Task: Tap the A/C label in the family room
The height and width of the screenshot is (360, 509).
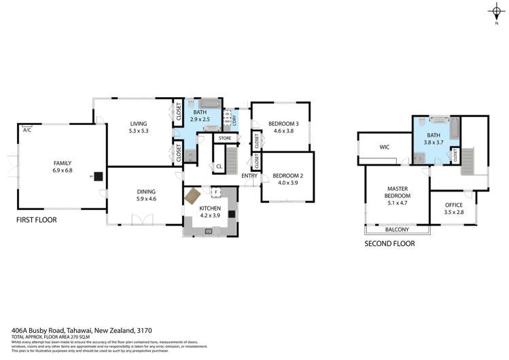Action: click(27, 129)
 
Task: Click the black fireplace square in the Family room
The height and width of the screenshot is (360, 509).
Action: click(99, 176)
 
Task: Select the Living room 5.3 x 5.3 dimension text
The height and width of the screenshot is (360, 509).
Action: click(139, 130)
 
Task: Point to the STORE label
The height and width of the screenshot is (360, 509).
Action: click(225, 139)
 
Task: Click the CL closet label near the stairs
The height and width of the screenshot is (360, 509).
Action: click(219, 166)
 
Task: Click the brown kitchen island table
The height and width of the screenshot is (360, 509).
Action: click(192, 196)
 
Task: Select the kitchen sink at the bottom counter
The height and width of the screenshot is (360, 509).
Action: click(208, 230)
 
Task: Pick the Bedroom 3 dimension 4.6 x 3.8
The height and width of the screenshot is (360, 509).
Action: click(280, 130)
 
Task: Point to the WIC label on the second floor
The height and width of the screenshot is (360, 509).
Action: click(384, 146)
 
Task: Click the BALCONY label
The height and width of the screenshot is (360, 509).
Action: click(397, 230)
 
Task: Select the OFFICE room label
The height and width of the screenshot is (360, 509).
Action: click(453, 205)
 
